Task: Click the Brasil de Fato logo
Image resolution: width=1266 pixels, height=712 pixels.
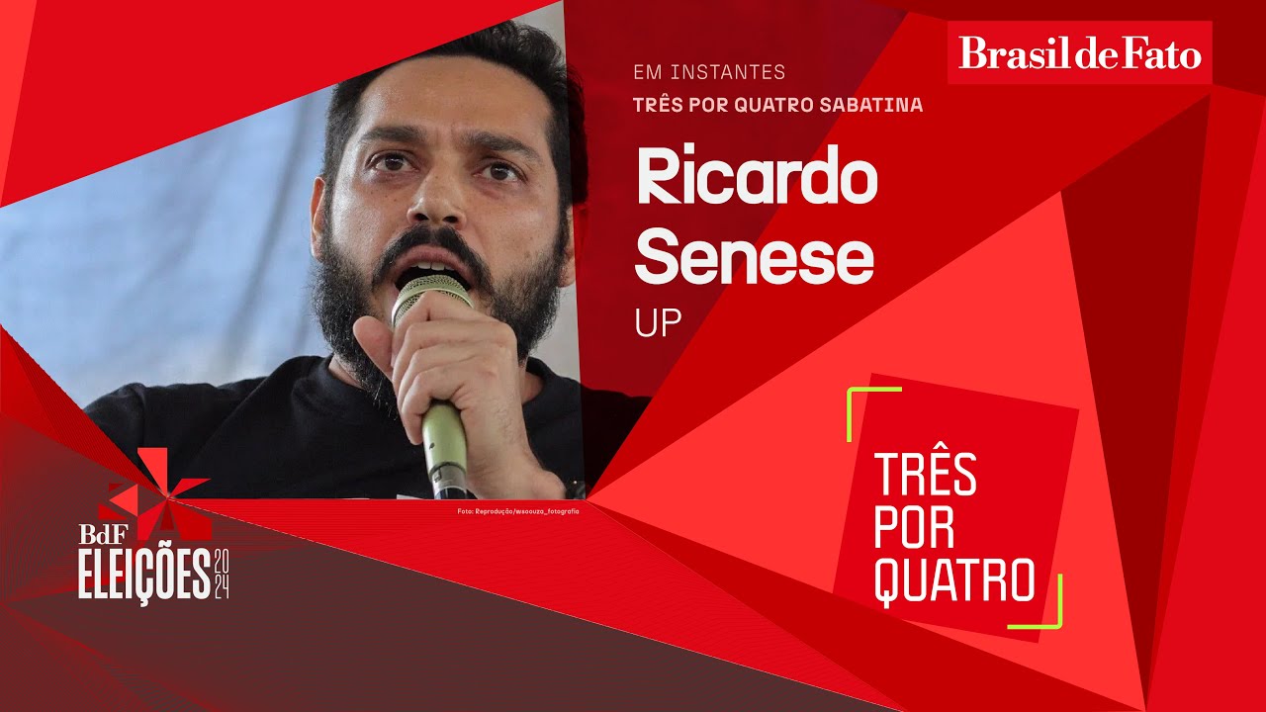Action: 1080,52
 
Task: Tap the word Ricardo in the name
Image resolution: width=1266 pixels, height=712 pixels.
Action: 757,178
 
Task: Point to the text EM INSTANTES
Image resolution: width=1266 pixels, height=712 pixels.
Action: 709,72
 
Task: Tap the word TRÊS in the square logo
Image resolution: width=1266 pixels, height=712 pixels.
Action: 926,476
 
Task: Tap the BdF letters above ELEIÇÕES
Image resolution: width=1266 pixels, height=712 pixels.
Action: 99,533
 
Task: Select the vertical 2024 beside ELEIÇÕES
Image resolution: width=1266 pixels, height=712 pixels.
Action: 222,573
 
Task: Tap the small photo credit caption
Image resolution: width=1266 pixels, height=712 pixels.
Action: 517,510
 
